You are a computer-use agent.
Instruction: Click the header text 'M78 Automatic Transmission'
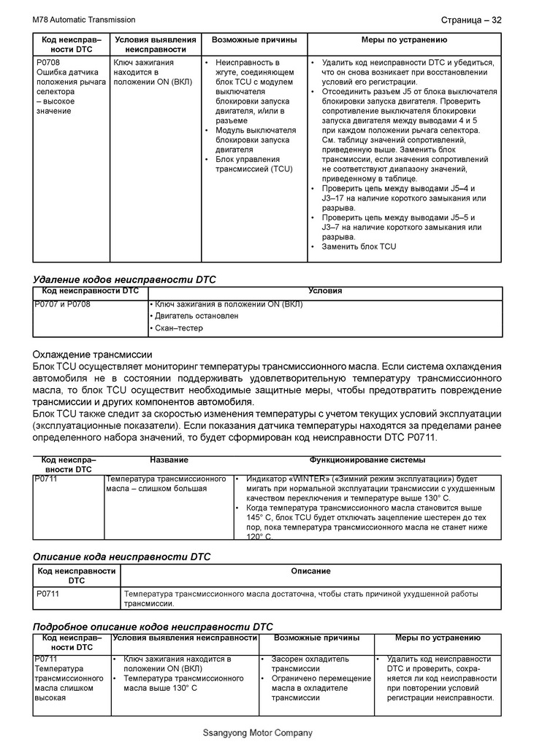tap(84, 20)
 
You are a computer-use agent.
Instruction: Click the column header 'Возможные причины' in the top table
tap(254, 39)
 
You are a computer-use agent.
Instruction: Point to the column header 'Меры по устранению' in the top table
tap(404, 39)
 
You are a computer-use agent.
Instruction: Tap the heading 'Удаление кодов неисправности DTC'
tap(125, 279)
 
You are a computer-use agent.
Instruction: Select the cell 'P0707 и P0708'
tap(63, 304)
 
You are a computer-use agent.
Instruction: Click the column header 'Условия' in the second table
tap(325, 291)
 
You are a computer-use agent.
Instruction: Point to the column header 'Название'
tap(169, 460)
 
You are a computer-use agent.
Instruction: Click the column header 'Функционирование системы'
tap(367, 460)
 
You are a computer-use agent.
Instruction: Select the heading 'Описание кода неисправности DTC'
tap(122, 557)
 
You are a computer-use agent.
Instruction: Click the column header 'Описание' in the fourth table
tap(310, 571)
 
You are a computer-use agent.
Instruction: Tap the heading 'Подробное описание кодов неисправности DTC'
tap(153, 627)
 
